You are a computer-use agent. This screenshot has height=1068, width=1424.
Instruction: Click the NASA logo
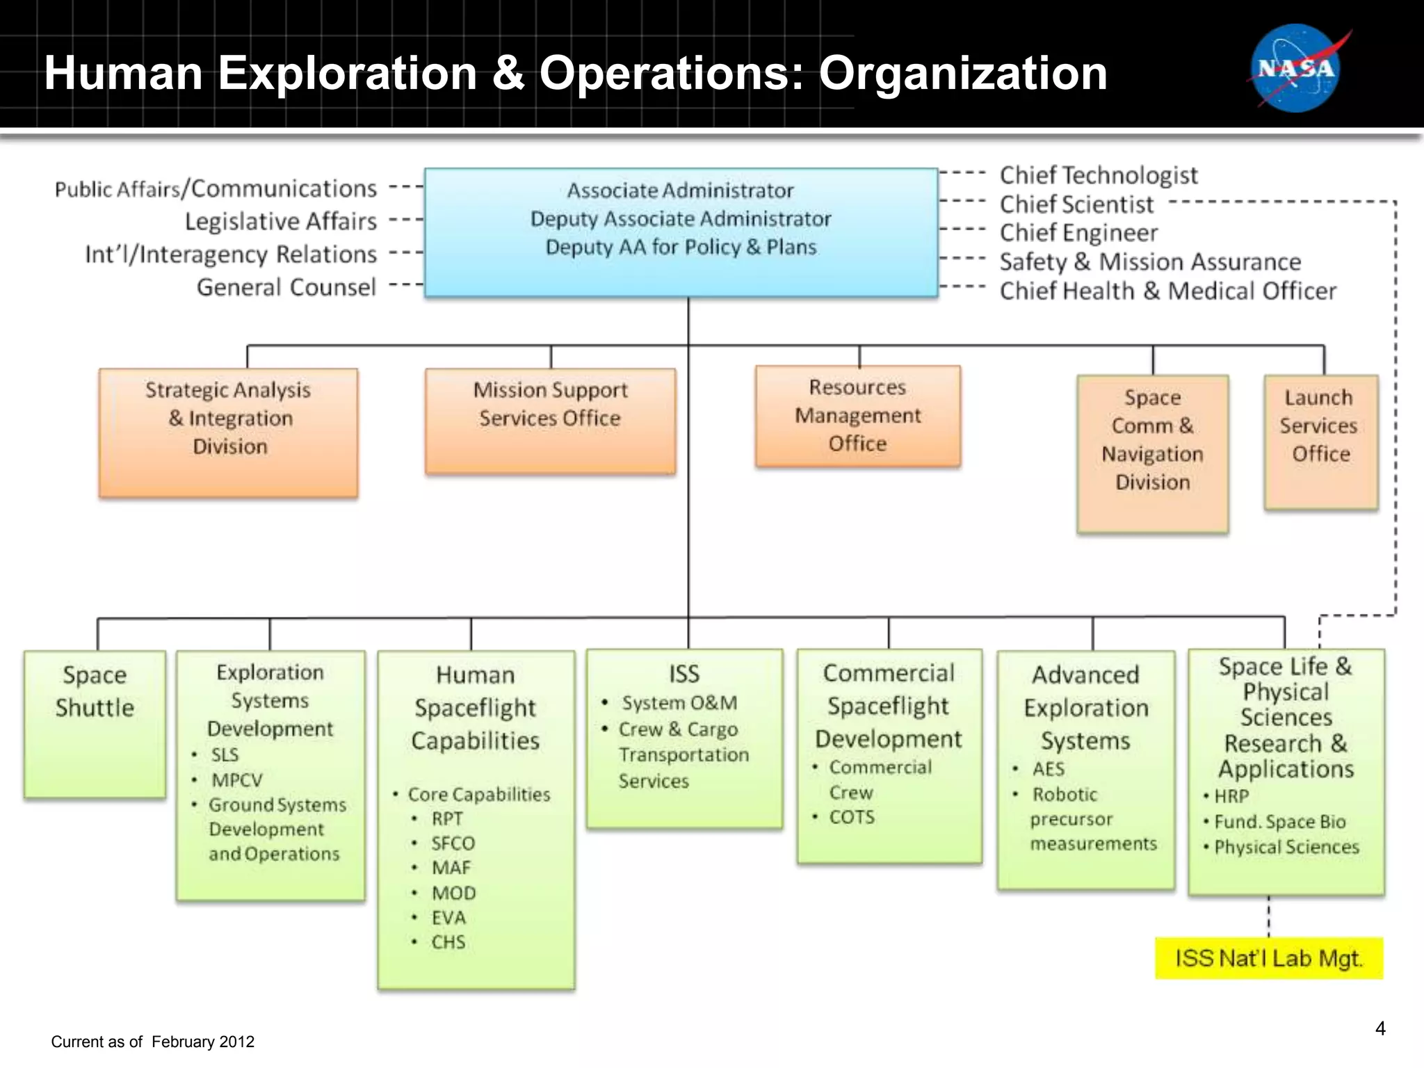click(x=1295, y=69)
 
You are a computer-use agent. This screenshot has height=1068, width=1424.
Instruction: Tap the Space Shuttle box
click(x=95, y=723)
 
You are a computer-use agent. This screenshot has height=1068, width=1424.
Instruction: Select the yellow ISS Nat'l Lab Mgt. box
click(x=1268, y=958)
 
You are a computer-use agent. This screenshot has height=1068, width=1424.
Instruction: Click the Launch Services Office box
click(x=1320, y=442)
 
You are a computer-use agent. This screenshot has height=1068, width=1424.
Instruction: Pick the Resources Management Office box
click(x=858, y=416)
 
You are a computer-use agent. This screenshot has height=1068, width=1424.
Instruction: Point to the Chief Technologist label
click(x=1099, y=175)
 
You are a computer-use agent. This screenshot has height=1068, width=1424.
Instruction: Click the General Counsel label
click(x=286, y=287)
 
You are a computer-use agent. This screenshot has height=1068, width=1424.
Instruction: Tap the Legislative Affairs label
click(x=280, y=221)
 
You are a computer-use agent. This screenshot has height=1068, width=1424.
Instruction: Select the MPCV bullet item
click(x=236, y=780)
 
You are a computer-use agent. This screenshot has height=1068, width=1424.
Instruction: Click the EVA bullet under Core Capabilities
click(x=448, y=918)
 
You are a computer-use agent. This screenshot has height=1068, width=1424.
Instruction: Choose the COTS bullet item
click(x=852, y=817)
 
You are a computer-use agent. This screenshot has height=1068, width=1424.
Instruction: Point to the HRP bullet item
click(x=1231, y=796)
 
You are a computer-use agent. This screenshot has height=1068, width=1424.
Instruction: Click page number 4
click(x=1380, y=1028)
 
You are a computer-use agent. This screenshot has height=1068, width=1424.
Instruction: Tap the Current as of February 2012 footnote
click(x=152, y=1042)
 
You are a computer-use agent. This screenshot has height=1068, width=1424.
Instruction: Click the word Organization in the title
click(x=962, y=73)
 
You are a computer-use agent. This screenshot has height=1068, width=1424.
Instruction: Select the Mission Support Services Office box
click(x=550, y=421)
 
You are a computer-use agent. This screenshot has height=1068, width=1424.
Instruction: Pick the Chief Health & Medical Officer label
click(x=1167, y=291)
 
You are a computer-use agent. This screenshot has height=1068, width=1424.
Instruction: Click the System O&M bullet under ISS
click(x=679, y=703)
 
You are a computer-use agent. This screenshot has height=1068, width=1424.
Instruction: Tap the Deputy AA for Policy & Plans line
click(x=681, y=247)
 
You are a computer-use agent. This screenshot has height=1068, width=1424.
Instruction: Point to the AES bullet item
click(x=1048, y=769)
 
